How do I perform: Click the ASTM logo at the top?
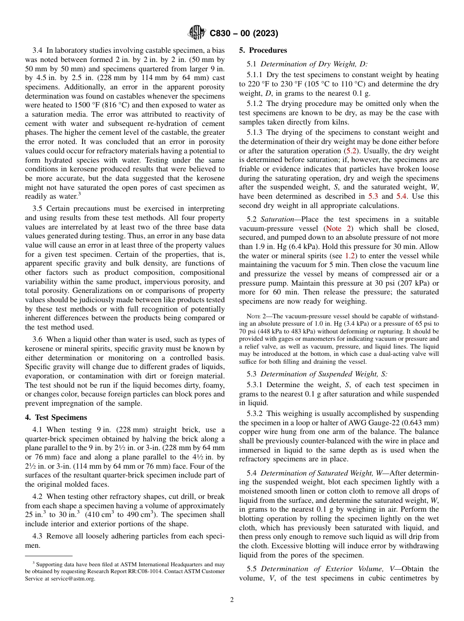point(197,33)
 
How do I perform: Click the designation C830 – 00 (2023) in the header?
point(244,34)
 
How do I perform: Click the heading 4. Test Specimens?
point(56,417)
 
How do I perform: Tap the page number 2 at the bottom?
point(232,600)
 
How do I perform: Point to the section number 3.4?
point(38,50)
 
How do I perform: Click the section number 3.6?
point(38,339)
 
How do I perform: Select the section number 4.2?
point(38,497)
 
